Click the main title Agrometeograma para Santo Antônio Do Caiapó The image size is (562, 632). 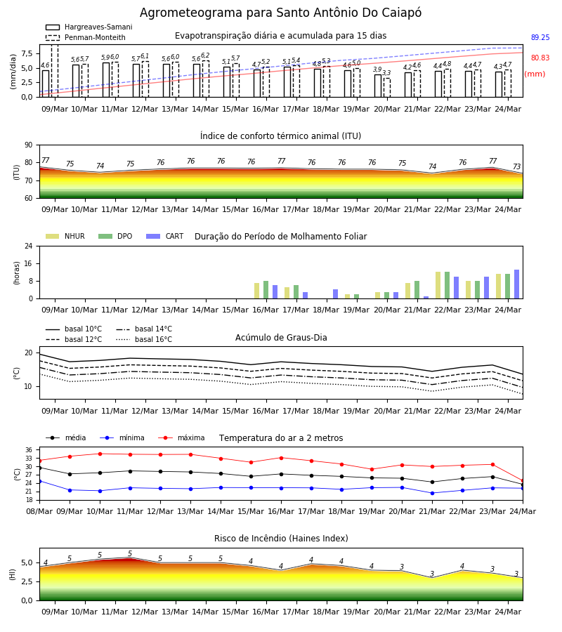[280, 13]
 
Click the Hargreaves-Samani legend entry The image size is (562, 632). [89, 27]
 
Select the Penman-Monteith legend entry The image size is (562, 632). [86, 37]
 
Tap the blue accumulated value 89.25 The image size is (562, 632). [540, 37]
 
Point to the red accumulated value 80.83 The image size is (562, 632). [540, 58]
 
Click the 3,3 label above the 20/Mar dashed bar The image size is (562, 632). [386, 73]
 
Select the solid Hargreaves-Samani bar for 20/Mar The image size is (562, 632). [378, 86]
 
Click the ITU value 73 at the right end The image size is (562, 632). [516, 166]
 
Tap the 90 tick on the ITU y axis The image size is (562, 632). [29, 145]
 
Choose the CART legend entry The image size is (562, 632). [164, 236]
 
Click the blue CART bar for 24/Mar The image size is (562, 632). [516, 284]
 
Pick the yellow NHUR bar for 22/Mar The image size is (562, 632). [438, 285]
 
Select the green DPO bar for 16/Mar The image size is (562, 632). [266, 290]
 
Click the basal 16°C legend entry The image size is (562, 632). [144, 339]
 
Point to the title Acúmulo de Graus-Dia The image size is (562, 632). [281, 338]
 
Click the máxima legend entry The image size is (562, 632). [181, 437]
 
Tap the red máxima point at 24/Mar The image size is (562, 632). [523, 481]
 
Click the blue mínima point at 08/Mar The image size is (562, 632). [39, 481]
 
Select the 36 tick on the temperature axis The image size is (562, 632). [29, 450]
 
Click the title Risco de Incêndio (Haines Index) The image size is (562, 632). [281, 539]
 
